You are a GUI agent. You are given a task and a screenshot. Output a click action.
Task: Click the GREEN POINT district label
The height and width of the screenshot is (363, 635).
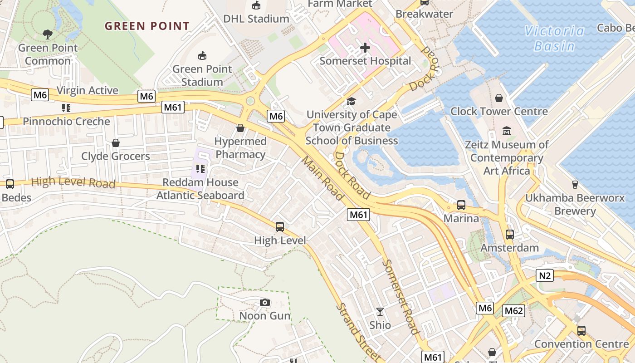point(147,26)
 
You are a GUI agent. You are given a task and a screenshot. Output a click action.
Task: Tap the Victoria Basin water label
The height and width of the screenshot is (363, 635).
point(554,39)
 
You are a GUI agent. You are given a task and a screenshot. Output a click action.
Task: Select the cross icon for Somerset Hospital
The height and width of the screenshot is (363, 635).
point(365,47)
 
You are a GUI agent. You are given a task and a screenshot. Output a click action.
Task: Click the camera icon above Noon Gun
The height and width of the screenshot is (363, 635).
point(265,302)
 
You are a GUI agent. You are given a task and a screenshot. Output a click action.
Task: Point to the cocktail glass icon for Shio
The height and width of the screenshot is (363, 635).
point(380,311)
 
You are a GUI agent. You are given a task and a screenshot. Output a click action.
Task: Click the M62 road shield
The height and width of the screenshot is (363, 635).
point(513,311)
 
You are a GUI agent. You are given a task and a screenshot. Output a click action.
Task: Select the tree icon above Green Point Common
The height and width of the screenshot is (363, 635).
point(47,34)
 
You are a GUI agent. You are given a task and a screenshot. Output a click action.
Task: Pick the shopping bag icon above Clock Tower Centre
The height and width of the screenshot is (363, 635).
point(499,98)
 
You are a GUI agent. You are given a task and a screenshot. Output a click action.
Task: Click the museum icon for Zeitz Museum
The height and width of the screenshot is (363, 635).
point(507,132)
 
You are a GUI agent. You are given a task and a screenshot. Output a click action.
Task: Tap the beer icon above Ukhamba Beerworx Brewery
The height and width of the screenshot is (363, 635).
point(575,184)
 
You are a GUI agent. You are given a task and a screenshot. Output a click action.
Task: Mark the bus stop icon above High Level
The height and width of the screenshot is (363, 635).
point(280,227)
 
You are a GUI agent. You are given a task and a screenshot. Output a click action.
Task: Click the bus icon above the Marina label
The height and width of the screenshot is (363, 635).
point(461,205)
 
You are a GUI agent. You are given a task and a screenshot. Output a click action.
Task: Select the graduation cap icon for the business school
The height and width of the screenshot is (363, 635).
point(351,101)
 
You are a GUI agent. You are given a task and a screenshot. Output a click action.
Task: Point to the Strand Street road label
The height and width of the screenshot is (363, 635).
point(357,332)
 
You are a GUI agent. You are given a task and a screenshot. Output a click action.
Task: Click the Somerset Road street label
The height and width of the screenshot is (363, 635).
point(401,297)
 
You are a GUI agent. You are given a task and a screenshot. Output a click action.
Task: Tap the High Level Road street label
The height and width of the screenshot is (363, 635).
point(73,182)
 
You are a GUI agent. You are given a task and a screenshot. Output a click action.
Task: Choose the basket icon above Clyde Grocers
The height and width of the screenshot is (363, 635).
point(116,143)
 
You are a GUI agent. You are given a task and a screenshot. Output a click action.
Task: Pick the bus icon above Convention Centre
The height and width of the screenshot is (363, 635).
point(581,330)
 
